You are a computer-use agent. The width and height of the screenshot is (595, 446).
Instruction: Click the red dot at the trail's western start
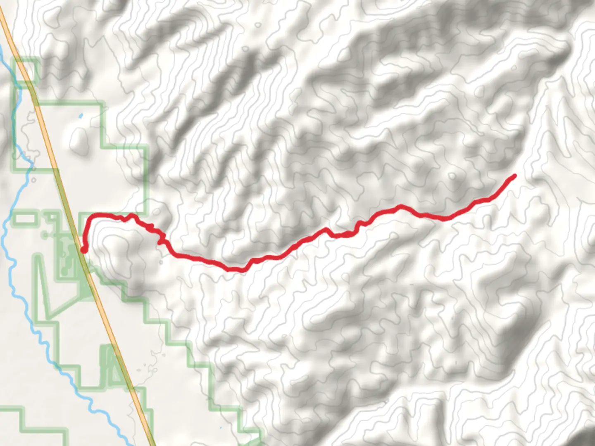point(83,250)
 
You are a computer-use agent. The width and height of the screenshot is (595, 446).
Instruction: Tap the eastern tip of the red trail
point(514,176)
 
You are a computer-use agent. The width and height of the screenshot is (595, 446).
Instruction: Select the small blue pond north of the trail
point(81,116)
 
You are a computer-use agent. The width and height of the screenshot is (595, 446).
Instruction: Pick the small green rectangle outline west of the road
point(25,218)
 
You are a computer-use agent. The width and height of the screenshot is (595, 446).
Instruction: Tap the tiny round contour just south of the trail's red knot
point(160,261)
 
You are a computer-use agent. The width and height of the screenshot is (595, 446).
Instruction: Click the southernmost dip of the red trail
point(236,270)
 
